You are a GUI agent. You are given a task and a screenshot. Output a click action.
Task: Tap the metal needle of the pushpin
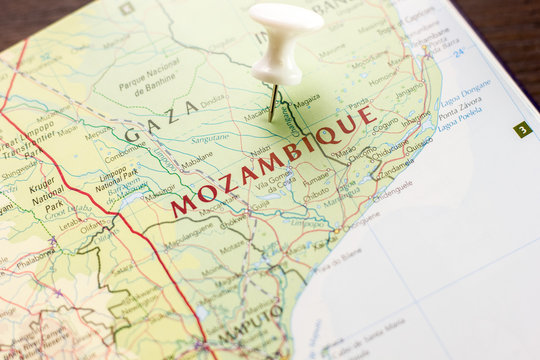tap(273, 102)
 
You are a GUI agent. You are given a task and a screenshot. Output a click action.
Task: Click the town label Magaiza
tap(307, 101)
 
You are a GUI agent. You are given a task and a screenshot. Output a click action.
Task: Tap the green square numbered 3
tap(522, 129)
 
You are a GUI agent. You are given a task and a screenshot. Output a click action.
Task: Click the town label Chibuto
tap(316, 194)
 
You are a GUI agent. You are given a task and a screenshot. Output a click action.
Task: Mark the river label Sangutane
tap(210, 138)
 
